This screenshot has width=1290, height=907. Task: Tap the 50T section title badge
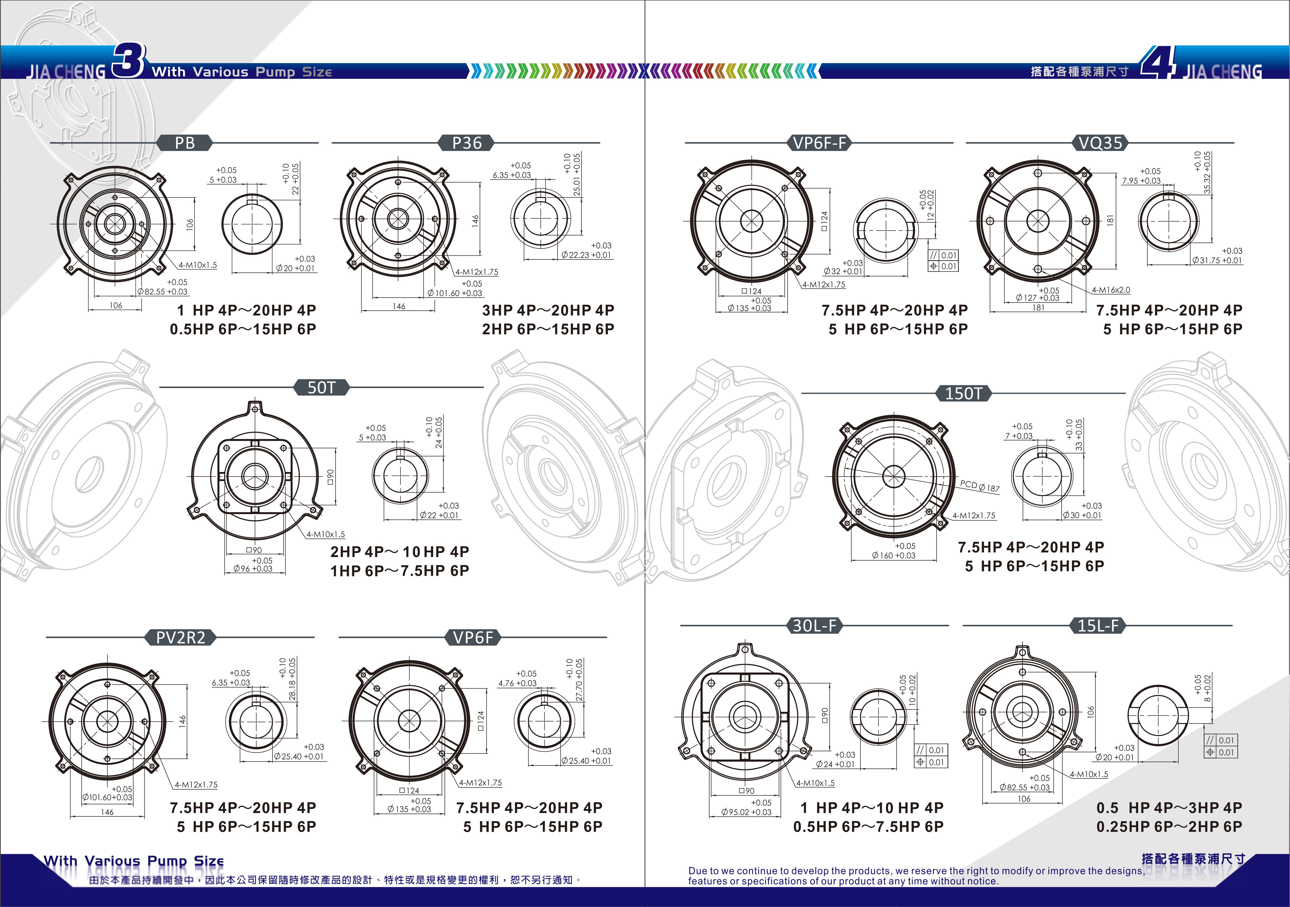tap(321, 388)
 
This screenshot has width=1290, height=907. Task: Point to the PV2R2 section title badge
tap(180, 637)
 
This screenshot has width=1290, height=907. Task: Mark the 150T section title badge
tap(964, 393)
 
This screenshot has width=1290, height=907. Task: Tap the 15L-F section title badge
tap(1098, 625)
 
